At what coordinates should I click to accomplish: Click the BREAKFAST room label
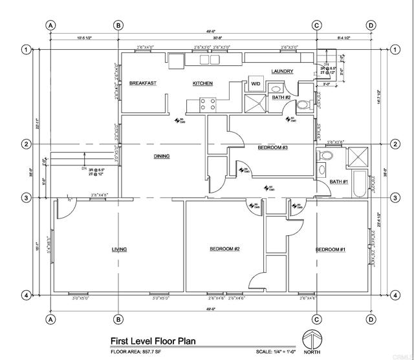[x=142, y=83]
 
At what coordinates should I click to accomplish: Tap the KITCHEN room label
[x=202, y=83]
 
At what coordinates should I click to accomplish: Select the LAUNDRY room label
[x=283, y=71]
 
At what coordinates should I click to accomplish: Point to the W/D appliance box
[x=256, y=83]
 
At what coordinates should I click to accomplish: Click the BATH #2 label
[x=281, y=98]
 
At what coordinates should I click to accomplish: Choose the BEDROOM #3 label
[x=272, y=147]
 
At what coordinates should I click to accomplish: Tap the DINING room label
[x=162, y=156]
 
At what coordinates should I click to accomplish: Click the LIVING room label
[x=119, y=249]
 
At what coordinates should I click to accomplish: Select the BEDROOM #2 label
[x=224, y=249]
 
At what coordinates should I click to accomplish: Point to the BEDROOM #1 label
[x=331, y=249]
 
